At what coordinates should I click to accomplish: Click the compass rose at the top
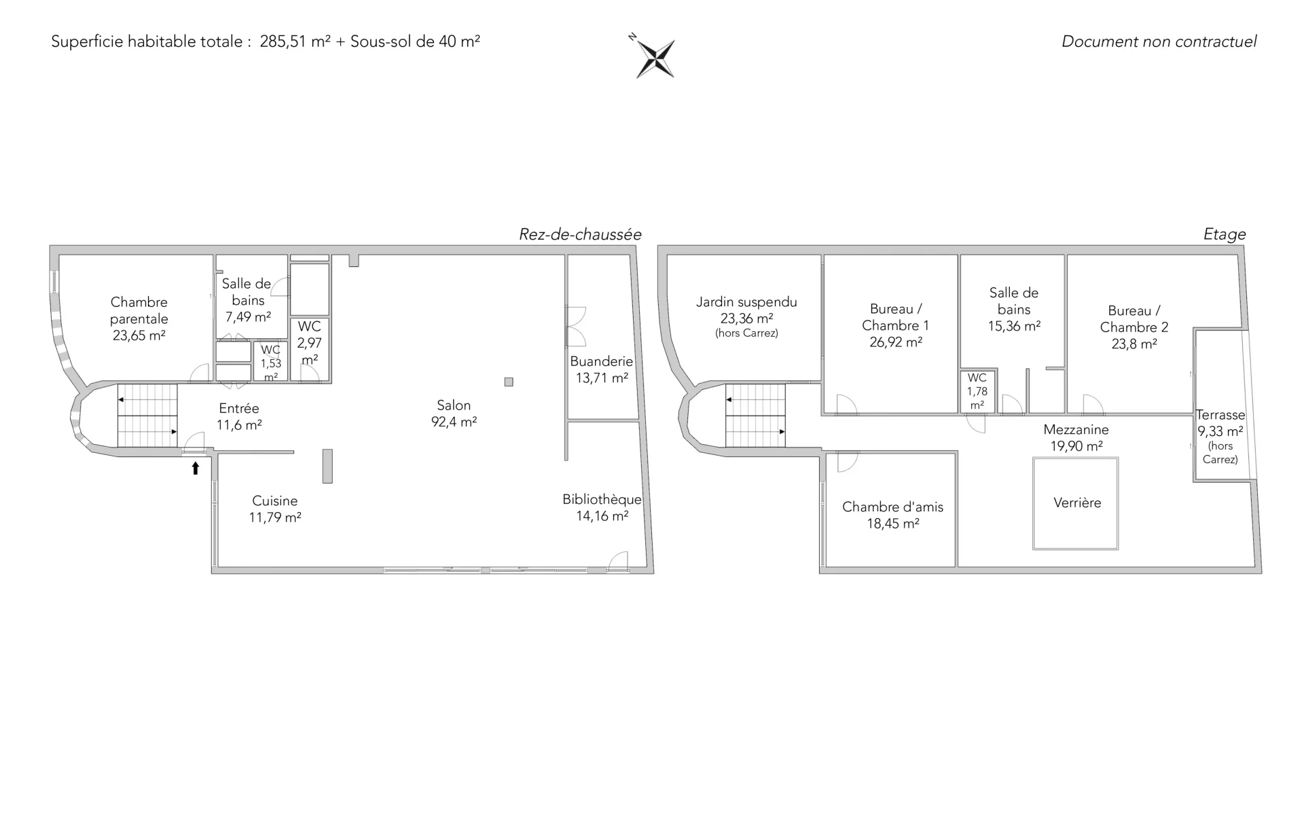click(655, 57)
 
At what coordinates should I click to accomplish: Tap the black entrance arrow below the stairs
click(196, 468)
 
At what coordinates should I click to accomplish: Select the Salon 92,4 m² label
click(454, 414)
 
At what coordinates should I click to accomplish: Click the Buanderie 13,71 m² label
click(602, 369)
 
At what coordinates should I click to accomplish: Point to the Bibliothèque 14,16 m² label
click(602, 507)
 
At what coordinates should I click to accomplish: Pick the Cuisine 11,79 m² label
click(275, 509)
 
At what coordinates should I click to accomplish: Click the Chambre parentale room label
click(139, 318)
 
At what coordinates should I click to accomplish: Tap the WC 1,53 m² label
click(271, 363)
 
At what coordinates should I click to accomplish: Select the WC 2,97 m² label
click(310, 343)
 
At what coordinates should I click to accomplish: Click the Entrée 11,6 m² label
click(239, 416)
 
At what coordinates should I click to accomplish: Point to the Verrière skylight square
click(1075, 503)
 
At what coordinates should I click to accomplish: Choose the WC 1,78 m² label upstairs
click(977, 391)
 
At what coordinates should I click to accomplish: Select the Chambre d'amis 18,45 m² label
click(892, 515)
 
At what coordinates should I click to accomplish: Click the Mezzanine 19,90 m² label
click(1076, 437)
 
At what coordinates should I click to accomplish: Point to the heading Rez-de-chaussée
click(580, 234)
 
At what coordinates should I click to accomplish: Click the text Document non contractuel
click(1159, 41)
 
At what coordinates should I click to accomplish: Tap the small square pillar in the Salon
click(509, 382)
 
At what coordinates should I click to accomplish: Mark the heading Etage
click(1225, 234)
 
